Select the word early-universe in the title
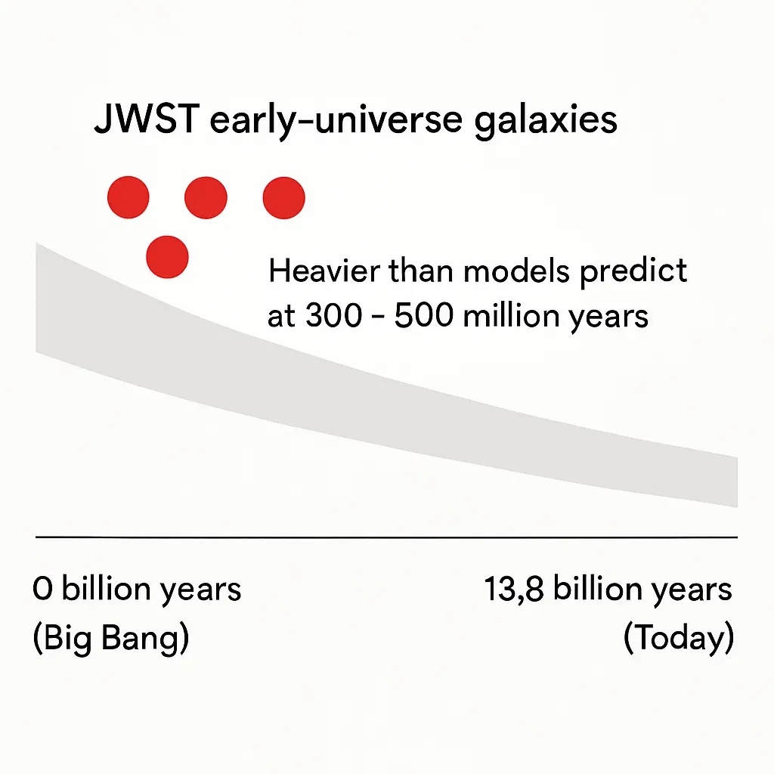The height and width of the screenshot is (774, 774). (x=336, y=122)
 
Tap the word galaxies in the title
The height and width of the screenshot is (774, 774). (x=546, y=122)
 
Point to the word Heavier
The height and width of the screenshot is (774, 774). (x=324, y=271)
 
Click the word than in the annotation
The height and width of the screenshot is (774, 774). (x=421, y=271)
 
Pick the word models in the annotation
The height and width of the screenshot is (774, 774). (x=516, y=271)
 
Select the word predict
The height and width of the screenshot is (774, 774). (x=633, y=271)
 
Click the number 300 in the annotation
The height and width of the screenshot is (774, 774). (x=334, y=315)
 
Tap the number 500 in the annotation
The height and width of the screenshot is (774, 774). (x=423, y=315)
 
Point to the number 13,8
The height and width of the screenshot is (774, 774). (x=514, y=589)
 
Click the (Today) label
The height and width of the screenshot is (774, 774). (x=679, y=638)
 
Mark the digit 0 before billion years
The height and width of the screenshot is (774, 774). (x=42, y=589)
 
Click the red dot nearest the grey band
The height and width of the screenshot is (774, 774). (x=167, y=257)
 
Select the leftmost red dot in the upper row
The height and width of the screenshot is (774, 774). (x=128, y=197)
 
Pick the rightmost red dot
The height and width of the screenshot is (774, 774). (x=284, y=198)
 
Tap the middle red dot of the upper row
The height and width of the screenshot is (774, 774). (x=206, y=197)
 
